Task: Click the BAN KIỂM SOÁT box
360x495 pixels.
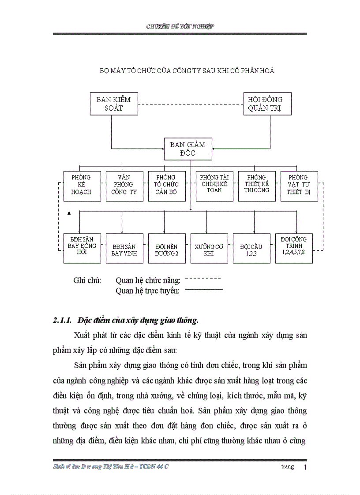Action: pos(113,104)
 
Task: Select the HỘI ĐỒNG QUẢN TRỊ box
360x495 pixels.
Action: pos(267,104)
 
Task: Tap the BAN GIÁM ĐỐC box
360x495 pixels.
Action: pos(187,149)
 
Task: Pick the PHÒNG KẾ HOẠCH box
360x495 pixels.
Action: pos(82,186)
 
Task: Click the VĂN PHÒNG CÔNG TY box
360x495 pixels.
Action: pos(124,186)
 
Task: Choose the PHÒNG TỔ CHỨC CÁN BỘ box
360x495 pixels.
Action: pos(166,186)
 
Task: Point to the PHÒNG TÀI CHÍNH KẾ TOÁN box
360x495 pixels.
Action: pos(214,186)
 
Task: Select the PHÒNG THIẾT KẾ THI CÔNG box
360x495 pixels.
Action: pos(257,186)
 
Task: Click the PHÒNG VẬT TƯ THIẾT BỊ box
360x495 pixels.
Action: pos(299,186)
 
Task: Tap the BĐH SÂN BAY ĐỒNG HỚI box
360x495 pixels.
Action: pos(82,248)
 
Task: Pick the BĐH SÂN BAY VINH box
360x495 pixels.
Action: pos(124,248)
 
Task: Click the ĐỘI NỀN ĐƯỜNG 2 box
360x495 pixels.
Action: pos(166,248)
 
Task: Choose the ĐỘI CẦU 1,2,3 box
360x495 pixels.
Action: pos(251,248)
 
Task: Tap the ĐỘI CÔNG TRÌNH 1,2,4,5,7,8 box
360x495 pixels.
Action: pos(294,248)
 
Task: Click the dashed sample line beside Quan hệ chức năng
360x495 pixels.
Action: pos(203,279)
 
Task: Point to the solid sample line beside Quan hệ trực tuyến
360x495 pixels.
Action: pos(204,290)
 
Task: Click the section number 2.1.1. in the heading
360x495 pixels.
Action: pos(63,320)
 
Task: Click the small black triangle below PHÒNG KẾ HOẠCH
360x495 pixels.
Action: pos(69,212)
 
